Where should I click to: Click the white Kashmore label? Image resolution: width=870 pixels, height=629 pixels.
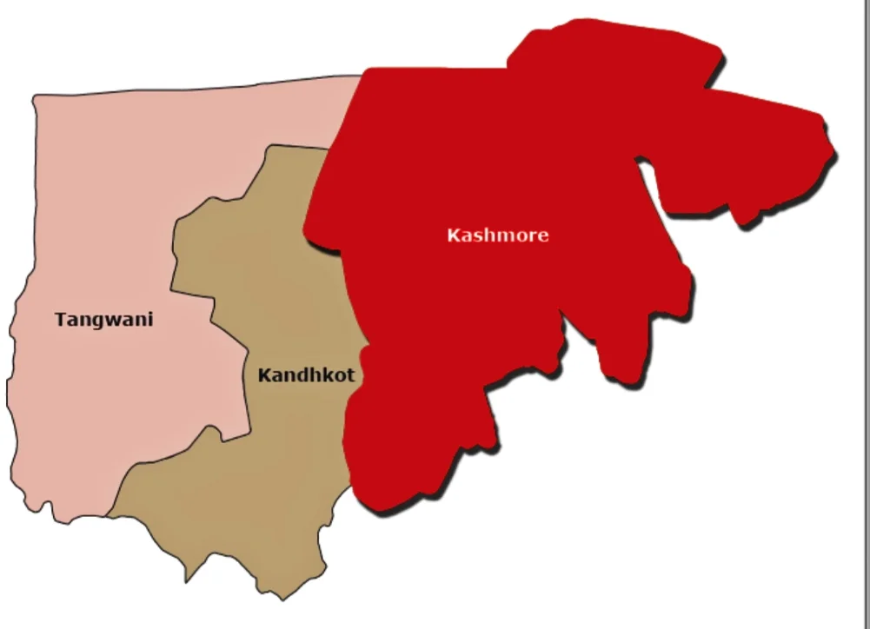coord(498,235)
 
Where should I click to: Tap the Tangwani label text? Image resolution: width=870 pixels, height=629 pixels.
coord(103,320)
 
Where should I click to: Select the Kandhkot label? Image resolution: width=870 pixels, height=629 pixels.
coord(306,376)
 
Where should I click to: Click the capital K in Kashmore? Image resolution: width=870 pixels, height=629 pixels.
coord(453,235)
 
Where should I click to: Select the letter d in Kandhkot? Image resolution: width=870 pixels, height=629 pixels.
coord(301,376)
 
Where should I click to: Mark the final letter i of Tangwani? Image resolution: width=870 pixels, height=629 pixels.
coord(149,319)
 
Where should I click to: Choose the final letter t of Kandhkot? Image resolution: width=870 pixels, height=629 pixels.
coord(349,376)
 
